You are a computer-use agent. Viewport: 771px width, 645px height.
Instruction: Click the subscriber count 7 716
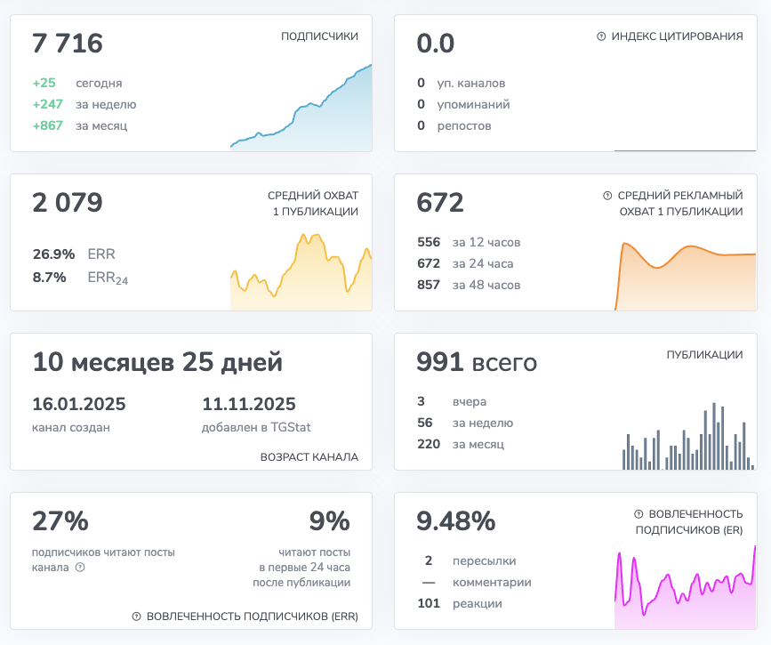click(x=68, y=44)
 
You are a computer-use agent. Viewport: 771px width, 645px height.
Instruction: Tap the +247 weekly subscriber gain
click(x=47, y=104)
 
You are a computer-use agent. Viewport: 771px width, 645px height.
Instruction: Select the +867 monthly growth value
click(x=47, y=125)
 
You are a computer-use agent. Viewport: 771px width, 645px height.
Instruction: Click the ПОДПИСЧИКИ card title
click(x=319, y=36)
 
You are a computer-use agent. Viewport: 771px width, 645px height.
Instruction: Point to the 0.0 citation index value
click(x=436, y=44)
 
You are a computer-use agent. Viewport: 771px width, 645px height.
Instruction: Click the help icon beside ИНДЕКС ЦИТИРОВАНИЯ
click(x=601, y=36)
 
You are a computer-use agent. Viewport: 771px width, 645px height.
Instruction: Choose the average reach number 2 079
click(x=68, y=203)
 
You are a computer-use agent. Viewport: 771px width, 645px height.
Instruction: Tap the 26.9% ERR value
click(x=53, y=254)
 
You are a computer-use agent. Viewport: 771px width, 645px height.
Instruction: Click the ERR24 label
click(x=108, y=278)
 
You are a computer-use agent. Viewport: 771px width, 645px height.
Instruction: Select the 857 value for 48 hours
click(x=429, y=285)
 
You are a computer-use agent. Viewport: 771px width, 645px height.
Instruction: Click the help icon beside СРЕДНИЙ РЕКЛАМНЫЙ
click(x=607, y=195)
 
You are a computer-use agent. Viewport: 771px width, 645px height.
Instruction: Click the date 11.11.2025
click(x=249, y=404)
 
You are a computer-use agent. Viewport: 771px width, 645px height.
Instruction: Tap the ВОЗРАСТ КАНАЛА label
click(x=309, y=457)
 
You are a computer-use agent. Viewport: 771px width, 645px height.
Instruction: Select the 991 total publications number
click(x=440, y=362)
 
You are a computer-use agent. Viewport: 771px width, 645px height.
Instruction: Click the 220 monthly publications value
click(x=429, y=444)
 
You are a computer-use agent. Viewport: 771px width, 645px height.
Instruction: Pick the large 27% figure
click(x=60, y=520)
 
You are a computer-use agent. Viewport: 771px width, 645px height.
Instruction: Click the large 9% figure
click(x=329, y=520)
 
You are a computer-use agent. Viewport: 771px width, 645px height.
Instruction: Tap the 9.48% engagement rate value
click(x=456, y=520)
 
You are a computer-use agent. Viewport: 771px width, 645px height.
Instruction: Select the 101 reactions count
click(x=429, y=603)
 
